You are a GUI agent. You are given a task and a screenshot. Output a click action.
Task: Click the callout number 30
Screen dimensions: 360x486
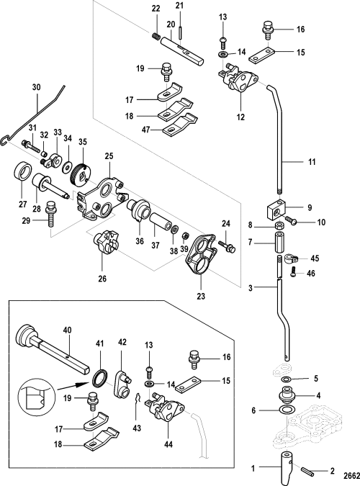[36, 87]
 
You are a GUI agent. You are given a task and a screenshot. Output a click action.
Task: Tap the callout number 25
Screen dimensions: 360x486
[109, 156]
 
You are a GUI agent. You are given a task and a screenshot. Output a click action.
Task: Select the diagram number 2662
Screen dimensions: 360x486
[351, 475]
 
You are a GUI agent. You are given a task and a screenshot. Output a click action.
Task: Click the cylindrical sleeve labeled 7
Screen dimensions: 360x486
[279, 243]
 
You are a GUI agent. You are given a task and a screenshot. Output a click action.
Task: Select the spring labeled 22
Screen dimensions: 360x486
[156, 36]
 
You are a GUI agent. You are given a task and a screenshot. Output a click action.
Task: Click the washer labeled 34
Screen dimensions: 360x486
[67, 167]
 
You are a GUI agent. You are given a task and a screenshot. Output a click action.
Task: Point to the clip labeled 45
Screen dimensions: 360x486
[291, 258]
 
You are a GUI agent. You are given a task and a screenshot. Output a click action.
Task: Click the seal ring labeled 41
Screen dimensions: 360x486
[101, 379]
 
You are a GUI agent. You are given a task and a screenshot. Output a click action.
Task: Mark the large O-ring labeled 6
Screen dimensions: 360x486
[286, 410]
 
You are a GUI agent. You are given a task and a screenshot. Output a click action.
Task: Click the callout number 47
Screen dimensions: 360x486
[145, 130]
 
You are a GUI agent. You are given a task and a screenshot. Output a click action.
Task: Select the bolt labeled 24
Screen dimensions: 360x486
[228, 246]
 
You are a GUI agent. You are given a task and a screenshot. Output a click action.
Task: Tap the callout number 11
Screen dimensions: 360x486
[312, 162]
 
